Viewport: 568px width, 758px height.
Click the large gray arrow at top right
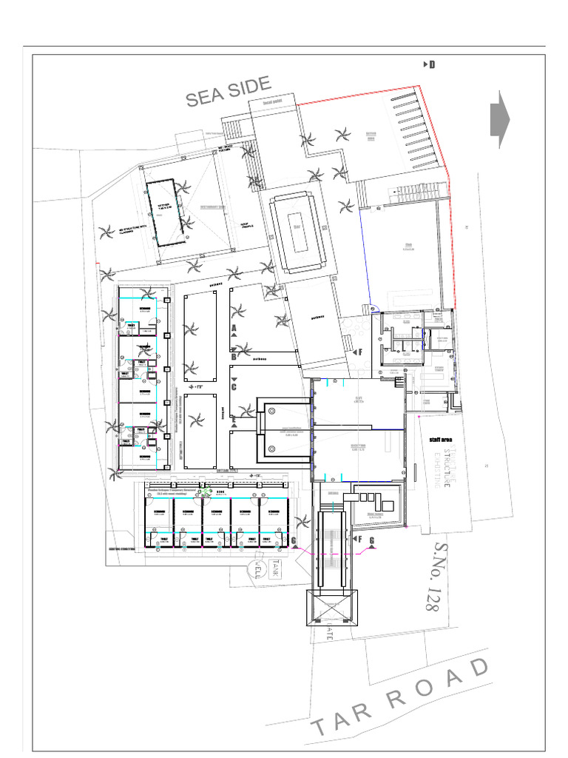(x=500, y=118)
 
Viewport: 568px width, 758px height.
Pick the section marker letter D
(x=432, y=65)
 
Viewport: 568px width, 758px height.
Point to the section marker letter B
(x=234, y=357)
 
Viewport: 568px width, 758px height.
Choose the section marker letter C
(x=234, y=386)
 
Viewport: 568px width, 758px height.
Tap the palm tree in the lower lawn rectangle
(x=197, y=423)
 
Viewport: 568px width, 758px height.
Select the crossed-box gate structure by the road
(x=332, y=608)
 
